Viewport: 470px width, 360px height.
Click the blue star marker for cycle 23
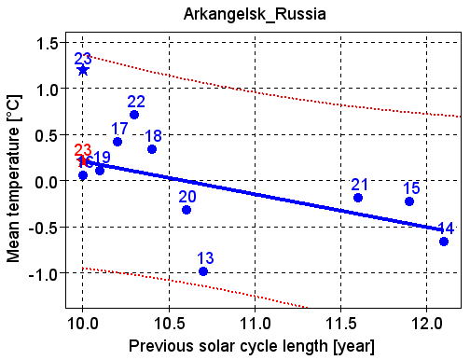[x=83, y=70]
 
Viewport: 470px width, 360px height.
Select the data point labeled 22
[x=134, y=115]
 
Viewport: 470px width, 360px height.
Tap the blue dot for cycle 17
[x=117, y=142]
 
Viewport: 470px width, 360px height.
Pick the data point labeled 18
[x=152, y=149]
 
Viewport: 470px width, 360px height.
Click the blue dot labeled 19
[x=100, y=171]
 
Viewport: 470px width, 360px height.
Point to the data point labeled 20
[x=187, y=210]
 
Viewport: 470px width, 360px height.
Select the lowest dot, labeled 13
[x=203, y=271]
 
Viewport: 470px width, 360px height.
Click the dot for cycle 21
[x=358, y=198]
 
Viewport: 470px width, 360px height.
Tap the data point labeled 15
[x=409, y=201]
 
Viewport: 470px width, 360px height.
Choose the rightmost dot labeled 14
[x=444, y=242]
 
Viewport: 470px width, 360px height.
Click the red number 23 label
[x=83, y=150]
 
